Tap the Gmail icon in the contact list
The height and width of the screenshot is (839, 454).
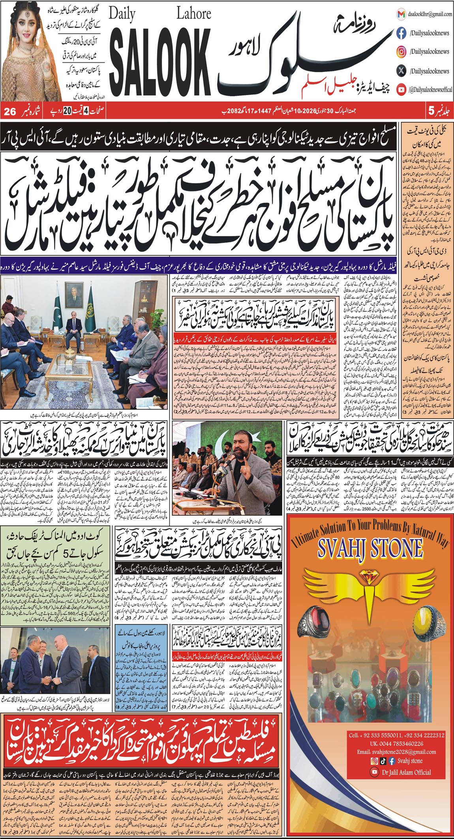(x=401, y=14)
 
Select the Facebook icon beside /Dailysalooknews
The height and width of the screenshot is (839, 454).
(x=401, y=33)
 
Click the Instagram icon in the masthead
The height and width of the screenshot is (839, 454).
(x=401, y=52)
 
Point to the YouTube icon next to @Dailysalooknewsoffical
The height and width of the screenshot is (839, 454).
(x=401, y=90)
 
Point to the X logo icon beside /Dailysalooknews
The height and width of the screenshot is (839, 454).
(x=401, y=71)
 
